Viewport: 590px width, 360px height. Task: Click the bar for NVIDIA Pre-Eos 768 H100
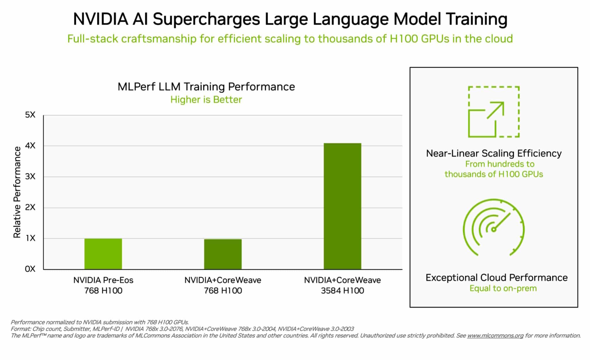pyautogui.click(x=103, y=254)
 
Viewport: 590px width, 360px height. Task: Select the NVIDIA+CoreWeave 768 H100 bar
pyautogui.click(x=223, y=254)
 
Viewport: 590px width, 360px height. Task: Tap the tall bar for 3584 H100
pyautogui.click(x=342, y=206)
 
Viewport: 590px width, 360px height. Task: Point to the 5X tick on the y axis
pyautogui.click(x=30, y=115)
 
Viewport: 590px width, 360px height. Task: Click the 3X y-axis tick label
pyautogui.click(x=30, y=177)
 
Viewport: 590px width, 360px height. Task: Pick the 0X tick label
pyautogui.click(x=30, y=269)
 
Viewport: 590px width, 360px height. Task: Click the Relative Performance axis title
pyautogui.click(x=17, y=192)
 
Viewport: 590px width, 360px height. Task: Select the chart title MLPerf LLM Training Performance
pyautogui.click(x=206, y=87)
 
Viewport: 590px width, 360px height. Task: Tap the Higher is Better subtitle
pyautogui.click(x=206, y=100)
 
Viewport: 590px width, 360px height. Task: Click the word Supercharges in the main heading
pyautogui.click(x=206, y=19)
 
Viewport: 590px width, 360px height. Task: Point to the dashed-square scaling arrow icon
pyautogui.click(x=493, y=112)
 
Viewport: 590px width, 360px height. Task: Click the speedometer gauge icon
pyautogui.click(x=493, y=228)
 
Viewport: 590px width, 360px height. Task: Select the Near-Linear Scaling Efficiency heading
pyautogui.click(x=493, y=153)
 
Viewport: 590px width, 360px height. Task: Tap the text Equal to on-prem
pyautogui.click(x=503, y=288)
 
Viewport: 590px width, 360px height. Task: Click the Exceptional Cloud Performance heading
pyautogui.click(x=496, y=278)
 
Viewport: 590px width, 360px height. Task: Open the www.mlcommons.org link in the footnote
pyautogui.click(x=495, y=336)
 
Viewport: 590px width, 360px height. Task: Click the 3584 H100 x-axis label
pyautogui.click(x=342, y=291)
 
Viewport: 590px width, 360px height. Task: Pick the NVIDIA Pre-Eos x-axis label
pyautogui.click(x=103, y=280)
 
